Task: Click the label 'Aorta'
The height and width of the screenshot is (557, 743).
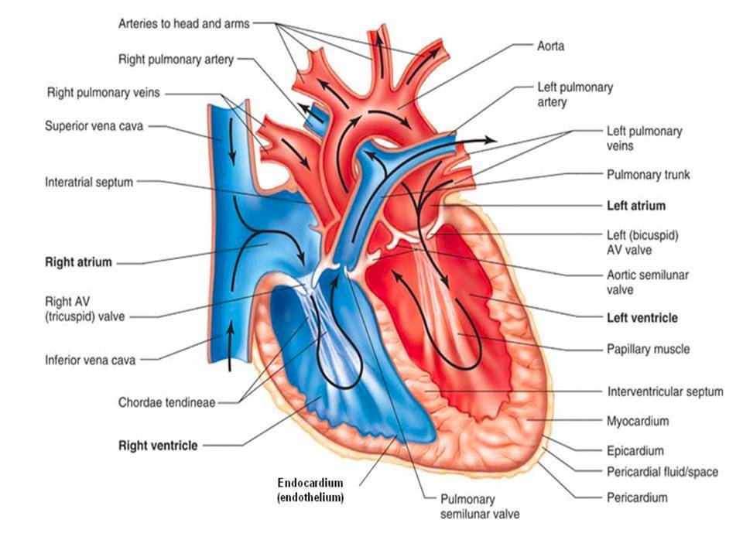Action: click(550, 46)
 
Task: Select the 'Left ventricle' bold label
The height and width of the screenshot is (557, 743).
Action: click(642, 317)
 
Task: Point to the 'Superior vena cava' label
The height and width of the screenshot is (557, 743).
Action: click(94, 126)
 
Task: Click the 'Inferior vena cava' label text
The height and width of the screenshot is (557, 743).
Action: click(90, 360)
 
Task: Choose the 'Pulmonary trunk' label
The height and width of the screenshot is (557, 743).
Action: click(649, 175)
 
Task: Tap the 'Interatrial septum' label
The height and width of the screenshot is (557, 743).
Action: click(90, 182)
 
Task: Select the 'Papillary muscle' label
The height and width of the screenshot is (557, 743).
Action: click(648, 349)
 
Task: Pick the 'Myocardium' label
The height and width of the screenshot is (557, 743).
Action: click(638, 422)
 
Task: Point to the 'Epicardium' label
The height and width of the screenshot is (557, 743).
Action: click(635, 450)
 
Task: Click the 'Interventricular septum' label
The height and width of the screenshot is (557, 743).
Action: click(665, 391)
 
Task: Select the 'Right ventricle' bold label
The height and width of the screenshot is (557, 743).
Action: click(157, 445)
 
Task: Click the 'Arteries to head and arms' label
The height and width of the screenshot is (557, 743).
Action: click(183, 23)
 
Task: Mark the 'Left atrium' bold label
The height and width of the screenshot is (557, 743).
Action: click(636, 207)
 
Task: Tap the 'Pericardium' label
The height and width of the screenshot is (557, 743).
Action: click(637, 497)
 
